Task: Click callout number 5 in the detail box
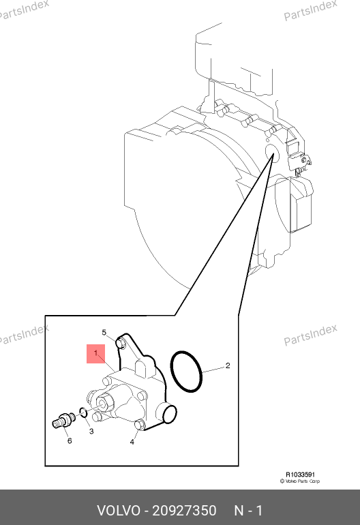point(104,333)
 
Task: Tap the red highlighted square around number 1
point(95,354)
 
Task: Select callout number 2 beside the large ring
point(228,365)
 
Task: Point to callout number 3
point(91,431)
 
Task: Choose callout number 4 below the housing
point(132,442)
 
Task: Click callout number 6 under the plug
point(70,440)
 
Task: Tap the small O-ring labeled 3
point(83,412)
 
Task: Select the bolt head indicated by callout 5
point(121,343)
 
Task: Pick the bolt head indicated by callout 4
point(139,425)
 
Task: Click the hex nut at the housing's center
point(102,402)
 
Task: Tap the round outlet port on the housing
point(169,413)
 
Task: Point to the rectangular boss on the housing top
point(143,368)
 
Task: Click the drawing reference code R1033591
point(300,475)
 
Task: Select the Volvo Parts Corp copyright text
point(300,481)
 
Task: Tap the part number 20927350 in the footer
point(184,511)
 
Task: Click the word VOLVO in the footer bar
point(119,511)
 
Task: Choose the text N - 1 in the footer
point(248,511)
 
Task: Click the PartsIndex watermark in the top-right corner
point(310,10)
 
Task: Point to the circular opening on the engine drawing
point(271,153)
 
